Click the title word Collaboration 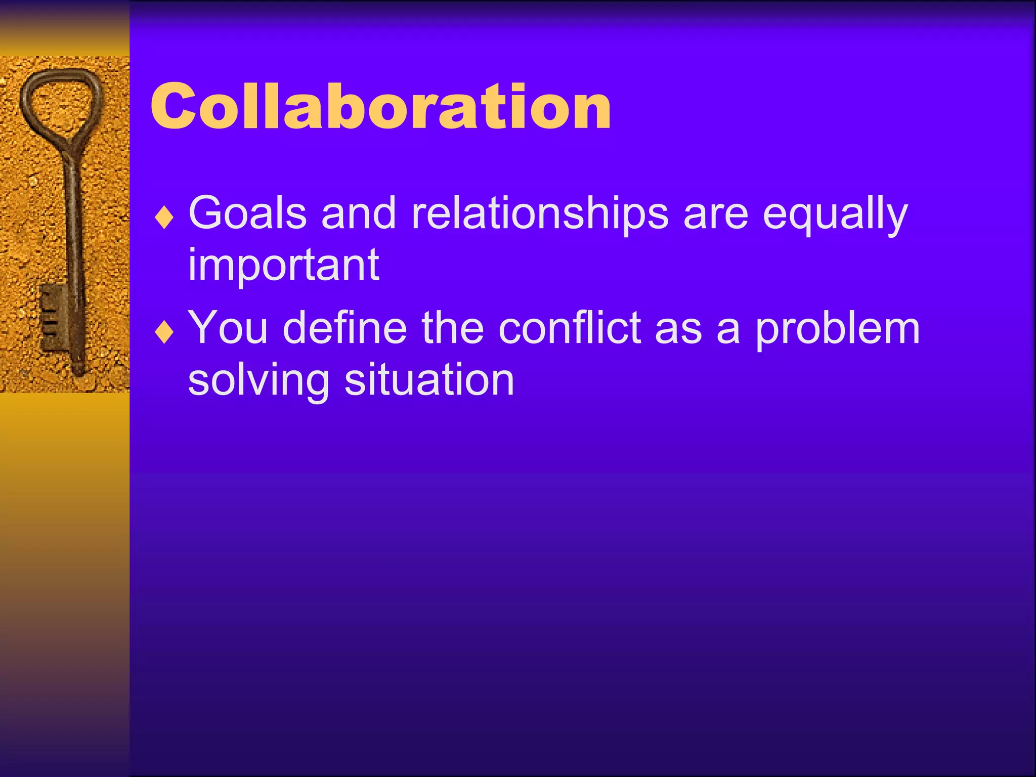pyautogui.click(x=380, y=106)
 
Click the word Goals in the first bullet pyautogui.click(x=247, y=213)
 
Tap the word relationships pyautogui.click(x=540, y=213)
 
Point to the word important pyautogui.click(x=283, y=266)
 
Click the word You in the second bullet pyautogui.click(x=228, y=328)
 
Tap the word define pyautogui.click(x=344, y=328)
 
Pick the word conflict pyautogui.click(x=570, y=328)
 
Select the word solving pyautogui.click(x=258, y=380)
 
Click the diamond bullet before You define pyautogui.click(x=164, y=333)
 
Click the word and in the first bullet pyautogui.click(x=358, y=213)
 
